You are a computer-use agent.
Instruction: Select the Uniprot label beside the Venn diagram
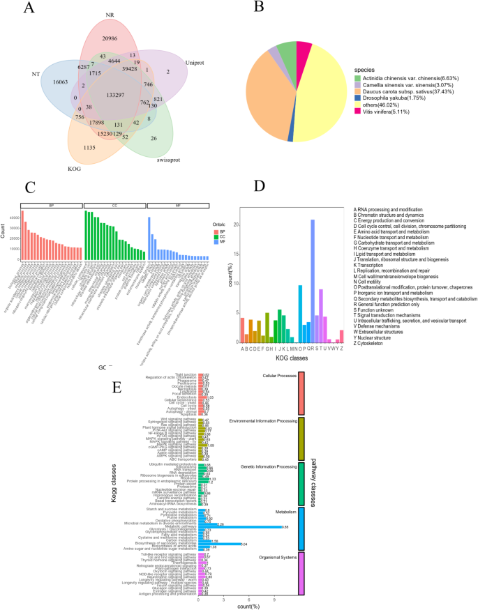coord(195,62)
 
